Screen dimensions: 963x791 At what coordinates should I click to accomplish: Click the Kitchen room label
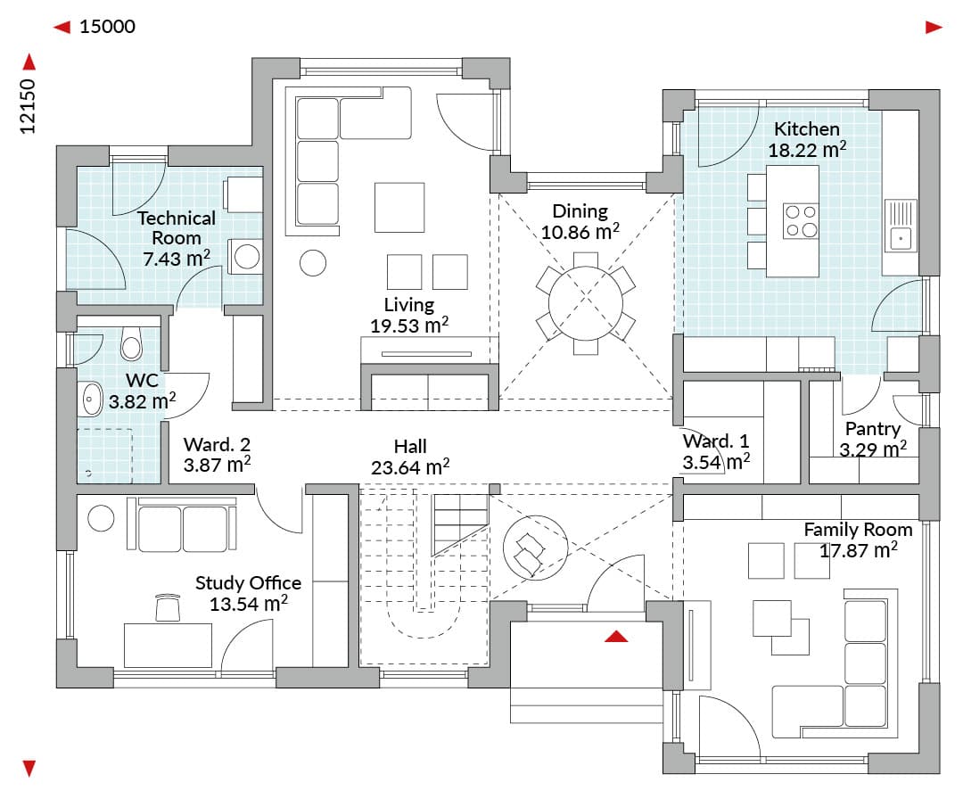click(x=806, y=129)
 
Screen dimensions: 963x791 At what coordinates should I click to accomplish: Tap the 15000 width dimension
click(x=108, y=27)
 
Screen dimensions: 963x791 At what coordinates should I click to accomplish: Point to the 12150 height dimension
click(x=28, y=106)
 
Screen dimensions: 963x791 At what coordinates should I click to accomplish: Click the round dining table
click(x=585, y=303)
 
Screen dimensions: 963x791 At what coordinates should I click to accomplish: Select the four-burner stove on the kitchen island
click(x=801, y=220)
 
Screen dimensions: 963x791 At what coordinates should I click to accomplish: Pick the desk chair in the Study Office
click(x=169, y=608)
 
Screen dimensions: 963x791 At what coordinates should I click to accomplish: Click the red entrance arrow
click(x=616, y=636)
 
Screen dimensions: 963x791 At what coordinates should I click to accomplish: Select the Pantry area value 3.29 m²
click(x=873, y=449)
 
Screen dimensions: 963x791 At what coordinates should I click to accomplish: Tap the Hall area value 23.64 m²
click(x=410, y=467)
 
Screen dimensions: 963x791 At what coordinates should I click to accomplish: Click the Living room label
click(x=409, y=305)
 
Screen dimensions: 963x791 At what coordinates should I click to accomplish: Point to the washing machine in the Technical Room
click(x=246, y=257)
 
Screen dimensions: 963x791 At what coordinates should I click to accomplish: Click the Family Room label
click(x=858, y=530)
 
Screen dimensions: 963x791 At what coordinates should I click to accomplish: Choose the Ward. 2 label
click(x=217, y=444)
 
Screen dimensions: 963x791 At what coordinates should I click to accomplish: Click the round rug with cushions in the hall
click(x=535, y=547)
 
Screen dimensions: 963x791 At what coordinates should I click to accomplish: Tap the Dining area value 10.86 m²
click(x=580, y=232)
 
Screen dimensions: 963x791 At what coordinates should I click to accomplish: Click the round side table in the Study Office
click(x=101, y=518)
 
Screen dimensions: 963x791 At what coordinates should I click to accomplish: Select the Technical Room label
click(x=177, y=227)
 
